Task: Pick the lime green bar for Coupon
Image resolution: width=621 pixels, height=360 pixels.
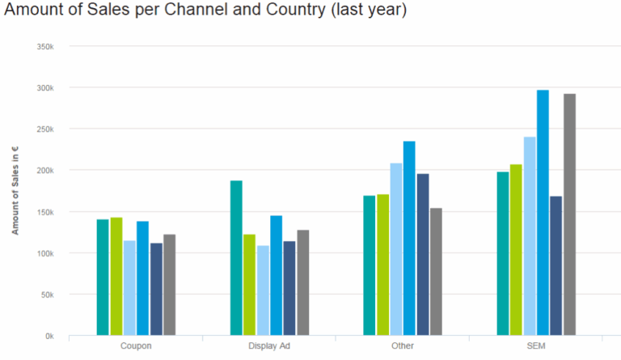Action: [x=116, y=276]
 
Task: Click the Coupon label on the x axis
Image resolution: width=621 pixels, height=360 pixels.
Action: [x=136, y=346]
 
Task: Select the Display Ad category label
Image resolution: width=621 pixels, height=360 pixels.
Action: [x=269, y=346]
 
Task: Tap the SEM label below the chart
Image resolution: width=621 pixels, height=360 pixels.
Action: [x=535, y=346]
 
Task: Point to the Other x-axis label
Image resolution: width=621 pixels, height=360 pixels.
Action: [x=402, y=346]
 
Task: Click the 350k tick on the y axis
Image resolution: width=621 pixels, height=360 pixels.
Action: [x=45, y=46]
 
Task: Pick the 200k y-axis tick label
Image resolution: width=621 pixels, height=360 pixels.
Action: [x=45, y=171]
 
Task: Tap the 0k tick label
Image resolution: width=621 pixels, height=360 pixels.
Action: [x=49, y=336]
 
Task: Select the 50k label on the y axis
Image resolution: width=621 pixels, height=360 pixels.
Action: [x=47, y=294]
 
